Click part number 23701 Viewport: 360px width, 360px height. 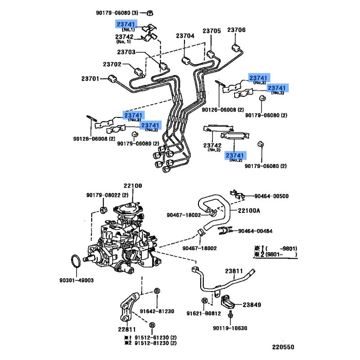pyautogui.click(x=90, y=79)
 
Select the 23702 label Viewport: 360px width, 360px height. pyautogui.click(x=112, y=64)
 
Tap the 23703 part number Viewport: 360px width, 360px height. pyautogui.click(x=126, y=52)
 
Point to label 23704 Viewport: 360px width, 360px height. pyautogui.click(x=185, y=36)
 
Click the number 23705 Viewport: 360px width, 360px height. pyautogui.click(x=211, y=31)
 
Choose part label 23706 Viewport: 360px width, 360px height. pyautogui.click(x=236, y=30)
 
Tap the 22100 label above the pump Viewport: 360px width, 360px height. pyautogui.click(x=133, y=186)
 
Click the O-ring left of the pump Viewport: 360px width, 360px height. pyautogui.click(x=77, y=261)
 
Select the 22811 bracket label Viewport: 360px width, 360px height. pyautogui.click(x=127, y=328)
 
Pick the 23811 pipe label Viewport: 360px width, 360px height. pyautogui.click(x=234, y=271)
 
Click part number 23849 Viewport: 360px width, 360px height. pyautogui.click(x=252, y=305)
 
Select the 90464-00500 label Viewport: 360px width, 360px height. pyautogui.click(x=271, y=196)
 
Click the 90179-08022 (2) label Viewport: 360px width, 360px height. pyautogui.click(x=108, y=195)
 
